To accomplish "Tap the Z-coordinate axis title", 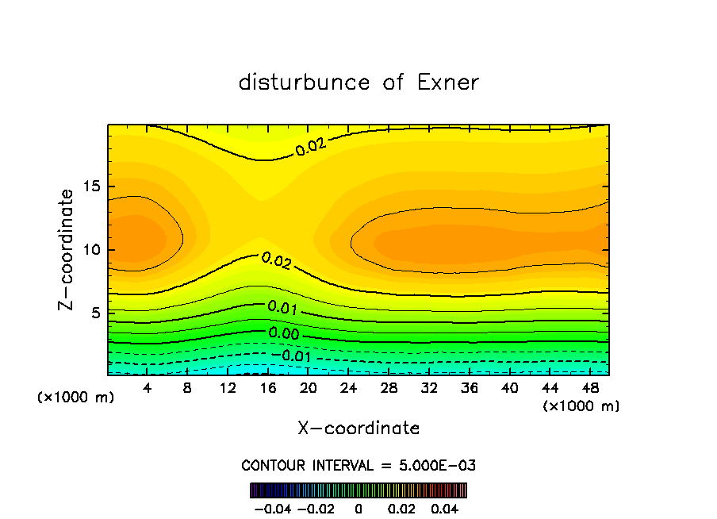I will [x=68, y=249].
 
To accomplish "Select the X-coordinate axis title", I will [x=358, y=429].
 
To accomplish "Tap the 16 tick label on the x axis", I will [x=268, y=387].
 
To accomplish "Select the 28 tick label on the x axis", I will [x=389, y=387].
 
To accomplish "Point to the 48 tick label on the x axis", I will [x=590, y=387].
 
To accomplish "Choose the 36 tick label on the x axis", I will [x=470, y=387].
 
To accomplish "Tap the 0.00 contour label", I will [x=284, y=334].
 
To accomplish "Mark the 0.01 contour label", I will [x=283, y=307].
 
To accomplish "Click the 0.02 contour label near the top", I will [x=311, y=146].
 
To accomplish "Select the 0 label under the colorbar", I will [x=358, y=508].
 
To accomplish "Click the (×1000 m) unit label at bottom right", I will [x=581, y=406].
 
